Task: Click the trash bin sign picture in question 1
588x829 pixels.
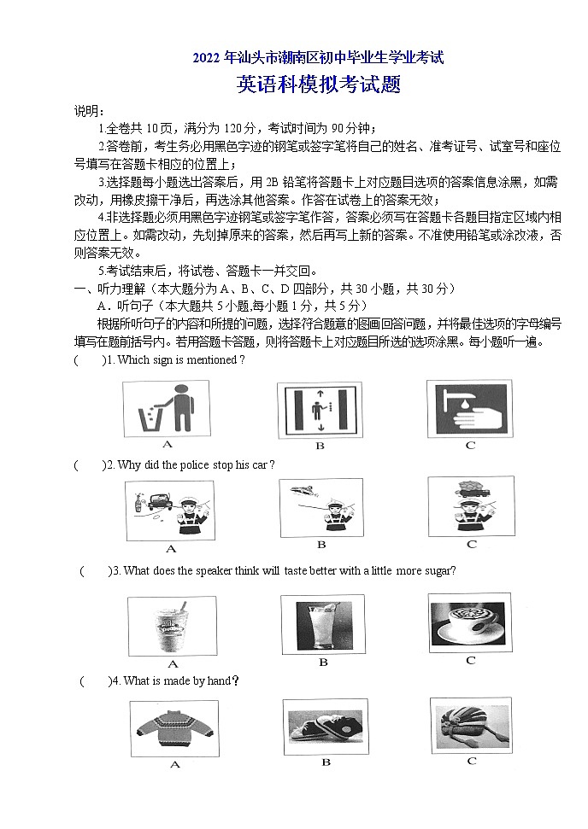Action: click(x=167, y=407)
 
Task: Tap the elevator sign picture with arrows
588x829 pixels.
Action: click(x=319, y=409)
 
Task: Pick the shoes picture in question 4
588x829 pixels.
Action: click(x=324, y=726)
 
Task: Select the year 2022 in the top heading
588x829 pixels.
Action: click(x=206, y=58)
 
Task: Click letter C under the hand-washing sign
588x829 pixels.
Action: click(x=470, y=445)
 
